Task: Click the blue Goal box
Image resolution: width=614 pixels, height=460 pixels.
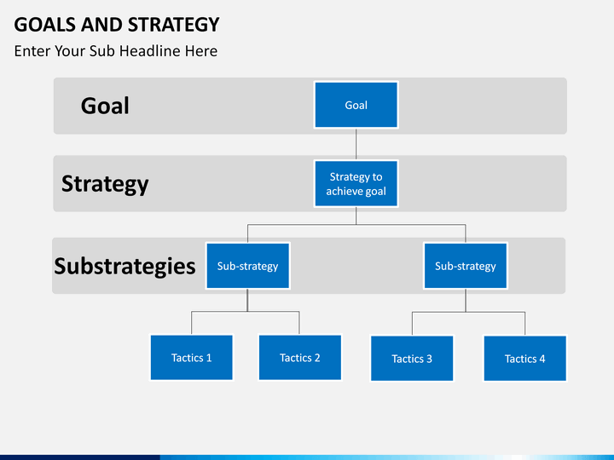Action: pyautogui.click(x=356, y=105)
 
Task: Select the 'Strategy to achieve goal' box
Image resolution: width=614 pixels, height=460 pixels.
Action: pyautogui.click(x=356, y=183)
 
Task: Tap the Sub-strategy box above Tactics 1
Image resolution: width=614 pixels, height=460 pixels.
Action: pyautogui.click(x=248, y=266)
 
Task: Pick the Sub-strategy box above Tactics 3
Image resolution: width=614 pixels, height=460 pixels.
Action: pyautogui.click(x=466, y=266)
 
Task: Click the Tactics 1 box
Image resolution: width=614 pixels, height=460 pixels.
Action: pyautogui.click(x=192, y=358)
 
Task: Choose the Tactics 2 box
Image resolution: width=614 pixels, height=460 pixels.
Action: pyautogui.click(x=300, y=358)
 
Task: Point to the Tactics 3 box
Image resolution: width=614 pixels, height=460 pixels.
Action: pyautogui.click(x=412, y=359)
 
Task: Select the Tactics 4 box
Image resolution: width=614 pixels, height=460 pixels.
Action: pyautogui.click(x=525, y=359)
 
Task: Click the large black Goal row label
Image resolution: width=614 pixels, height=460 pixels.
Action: pyautogui.click(x=105, y=106)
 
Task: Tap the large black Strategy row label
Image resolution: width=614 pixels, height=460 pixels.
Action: pyautogui.click(x=105, y=184)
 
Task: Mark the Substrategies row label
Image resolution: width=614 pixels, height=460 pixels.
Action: pyautogui.click(x=125, y=267)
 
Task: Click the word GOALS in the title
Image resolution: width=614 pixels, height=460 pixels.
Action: pyautogui.click(x=45, y=25)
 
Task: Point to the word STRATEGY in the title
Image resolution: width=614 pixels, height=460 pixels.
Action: pyautogui.click(x=174, y=25)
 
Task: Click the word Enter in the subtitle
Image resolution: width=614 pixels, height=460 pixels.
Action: pyautogui.click(x=32, y=51)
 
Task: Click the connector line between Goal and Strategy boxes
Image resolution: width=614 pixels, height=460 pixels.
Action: pyautogui.click(x=356, y=144)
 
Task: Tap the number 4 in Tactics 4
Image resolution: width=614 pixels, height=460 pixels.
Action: pyautogui.click(x=542, y=359)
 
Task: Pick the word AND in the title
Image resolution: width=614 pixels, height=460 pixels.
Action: pyautogui.click(x=101, y=25)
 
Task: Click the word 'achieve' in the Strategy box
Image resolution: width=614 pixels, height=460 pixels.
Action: pyautogui.click(x=340, y=192)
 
